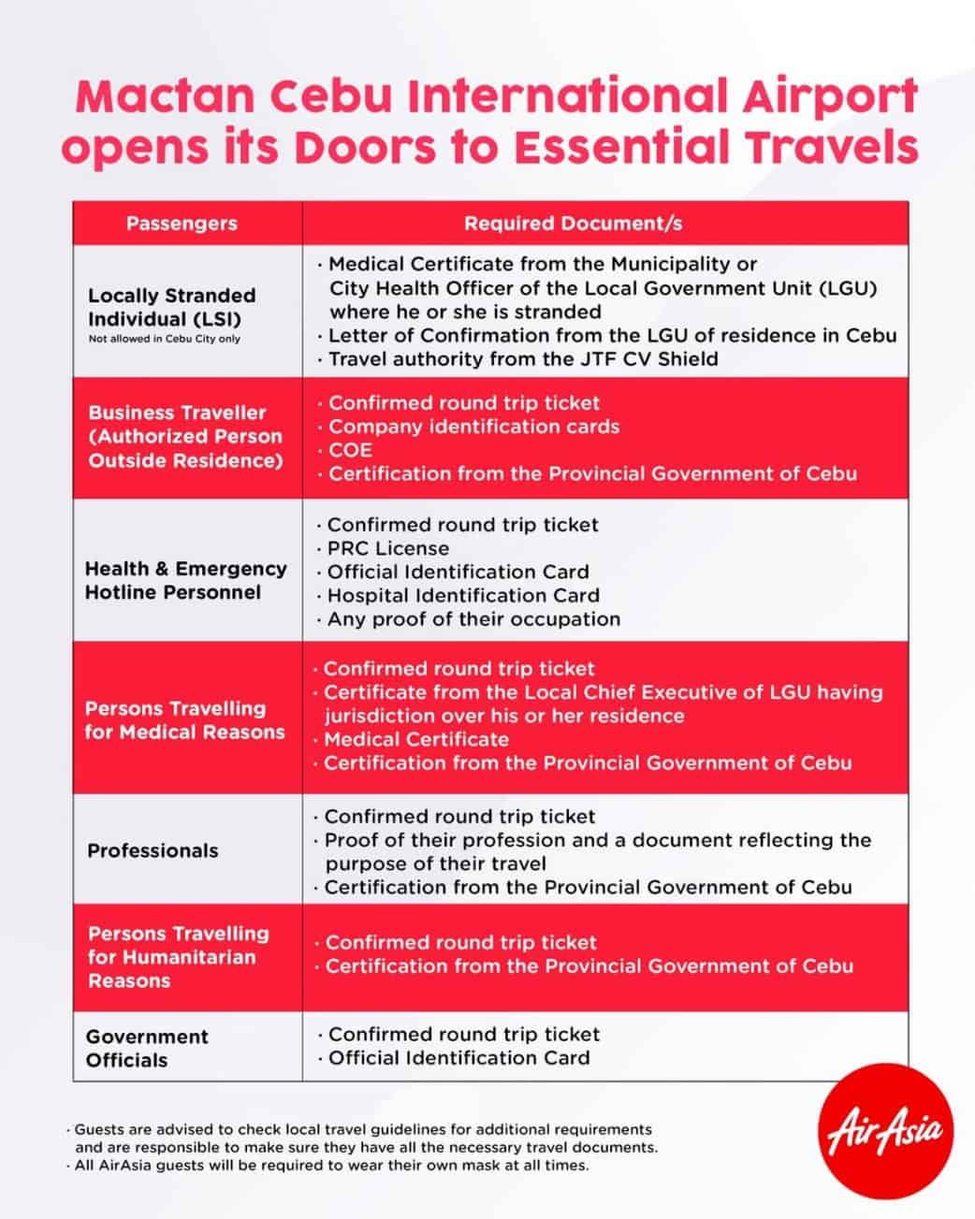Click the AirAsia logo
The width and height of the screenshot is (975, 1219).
point(884,1133)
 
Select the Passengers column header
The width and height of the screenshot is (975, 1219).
point(182,224)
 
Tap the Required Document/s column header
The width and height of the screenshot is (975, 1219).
point(573,224)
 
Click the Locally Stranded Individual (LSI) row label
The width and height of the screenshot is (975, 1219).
point(172,307)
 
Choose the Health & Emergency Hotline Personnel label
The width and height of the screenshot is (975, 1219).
point(185,580)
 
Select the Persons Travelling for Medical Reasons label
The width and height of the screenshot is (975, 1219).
point(184,720)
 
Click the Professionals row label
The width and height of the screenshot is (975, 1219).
point(153,850)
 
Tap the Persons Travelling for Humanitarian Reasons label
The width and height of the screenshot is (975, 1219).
point(178,956)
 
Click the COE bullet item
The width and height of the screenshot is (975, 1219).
point(350,450)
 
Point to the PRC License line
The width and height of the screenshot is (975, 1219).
point(387,548)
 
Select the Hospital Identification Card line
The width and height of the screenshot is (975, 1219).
point(462,595)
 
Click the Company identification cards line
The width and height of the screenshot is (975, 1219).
point(473,427)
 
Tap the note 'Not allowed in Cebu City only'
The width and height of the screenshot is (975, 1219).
point(165,339)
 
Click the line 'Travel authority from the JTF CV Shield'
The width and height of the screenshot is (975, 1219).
point(523,359)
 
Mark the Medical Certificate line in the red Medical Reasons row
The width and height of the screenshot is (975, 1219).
point(415,739)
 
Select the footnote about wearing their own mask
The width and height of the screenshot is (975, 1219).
point(332,1166)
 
